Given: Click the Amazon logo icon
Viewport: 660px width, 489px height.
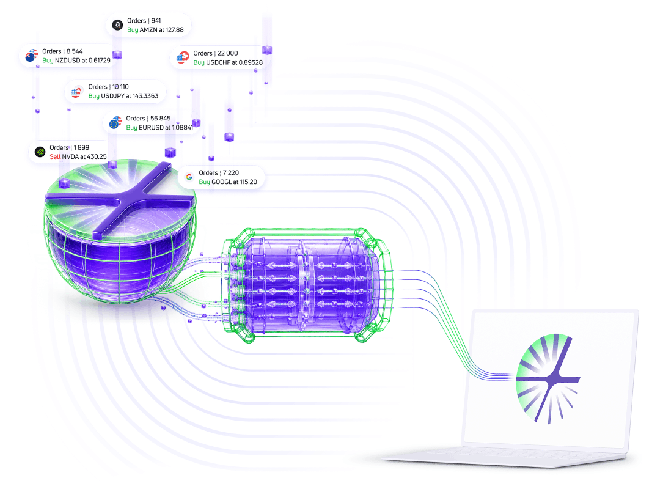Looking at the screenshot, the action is pyautogui.click(x=117, y=25).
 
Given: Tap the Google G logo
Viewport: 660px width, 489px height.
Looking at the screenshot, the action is pyautogui.click(x=189, y=177).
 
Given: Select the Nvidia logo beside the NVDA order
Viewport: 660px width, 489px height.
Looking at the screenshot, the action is pyautogui.click(x=40, y=152).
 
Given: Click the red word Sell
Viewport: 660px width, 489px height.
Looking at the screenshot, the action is pyautogui.click(x=55, y=156).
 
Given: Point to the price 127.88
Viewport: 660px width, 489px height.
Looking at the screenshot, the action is pyautogui.click(x=175, y=30).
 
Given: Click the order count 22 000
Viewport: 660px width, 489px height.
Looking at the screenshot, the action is pyautogui.click(x=228, y=53).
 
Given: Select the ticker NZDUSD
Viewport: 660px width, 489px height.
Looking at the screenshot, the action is pyautogui.click(x=68, y=61).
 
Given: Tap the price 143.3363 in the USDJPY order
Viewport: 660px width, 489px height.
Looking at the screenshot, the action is pyautogui.click(x=145, y=96).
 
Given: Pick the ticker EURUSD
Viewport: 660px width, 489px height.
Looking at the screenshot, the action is pyautogui.click(x=151, y=127).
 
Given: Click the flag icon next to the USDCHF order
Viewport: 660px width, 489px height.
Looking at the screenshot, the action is pyautogui.click(x=183, y=57).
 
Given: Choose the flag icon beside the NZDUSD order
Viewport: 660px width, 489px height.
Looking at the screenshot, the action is pyautogui.click(x=32, y=56).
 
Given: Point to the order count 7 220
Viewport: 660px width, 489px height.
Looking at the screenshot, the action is pyautogui.click(x=231, y=173).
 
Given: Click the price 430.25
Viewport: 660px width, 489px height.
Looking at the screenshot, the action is pyautogui.click(x=97, y=156).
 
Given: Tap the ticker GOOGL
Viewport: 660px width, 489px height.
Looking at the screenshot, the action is pyautogui.click(x=221, y=182).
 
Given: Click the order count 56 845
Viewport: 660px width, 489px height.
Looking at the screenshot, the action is pyautogui.click(x=160, y=119).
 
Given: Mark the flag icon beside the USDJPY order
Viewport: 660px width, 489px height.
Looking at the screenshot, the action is pyautogui.click(x=76, y=92).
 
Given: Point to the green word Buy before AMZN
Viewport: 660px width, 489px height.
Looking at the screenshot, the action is pyautogui.click(x=133, y=30).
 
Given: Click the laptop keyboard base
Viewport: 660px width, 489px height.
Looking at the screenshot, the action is pyautogui.click(x=505, y=457).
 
